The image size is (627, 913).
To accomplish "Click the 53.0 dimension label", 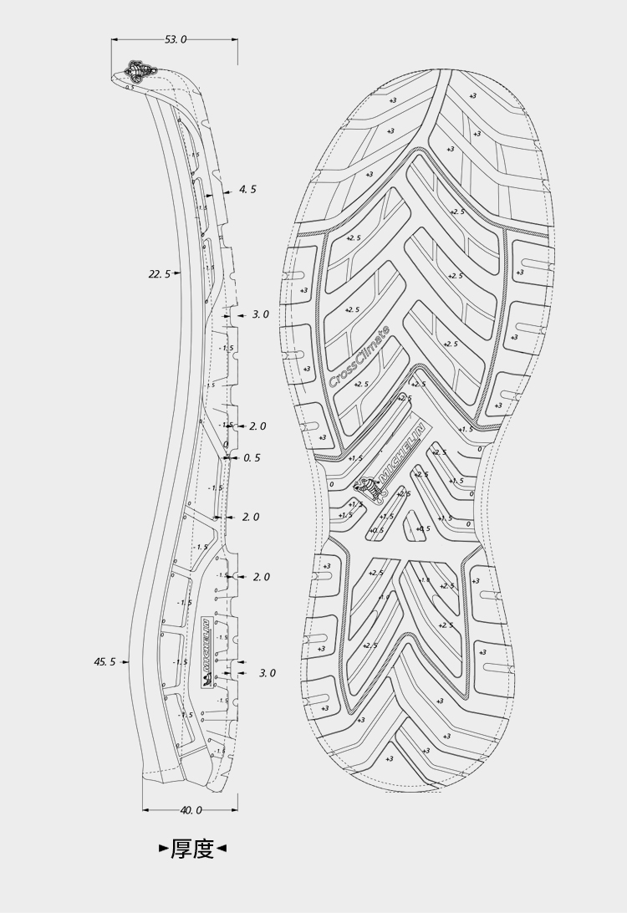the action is (176, 39).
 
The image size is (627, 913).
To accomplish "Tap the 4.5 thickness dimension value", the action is (247, 190).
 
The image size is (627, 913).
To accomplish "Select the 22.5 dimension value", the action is (159, 273).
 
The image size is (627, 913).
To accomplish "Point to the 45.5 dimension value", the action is (104, 661).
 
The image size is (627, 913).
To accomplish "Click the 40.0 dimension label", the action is (191, 809).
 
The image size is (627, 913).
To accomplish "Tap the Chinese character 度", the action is (203, 849).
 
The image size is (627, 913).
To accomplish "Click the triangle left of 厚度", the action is (164, 849).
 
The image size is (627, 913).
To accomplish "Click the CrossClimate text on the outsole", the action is (359, 357).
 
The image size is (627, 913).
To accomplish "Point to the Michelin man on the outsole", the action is (369, 488).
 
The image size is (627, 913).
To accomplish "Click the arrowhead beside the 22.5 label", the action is (175, 273).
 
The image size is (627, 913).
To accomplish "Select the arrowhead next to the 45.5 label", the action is (125, 661).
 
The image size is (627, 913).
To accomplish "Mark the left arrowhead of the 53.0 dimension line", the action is (115, 39).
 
